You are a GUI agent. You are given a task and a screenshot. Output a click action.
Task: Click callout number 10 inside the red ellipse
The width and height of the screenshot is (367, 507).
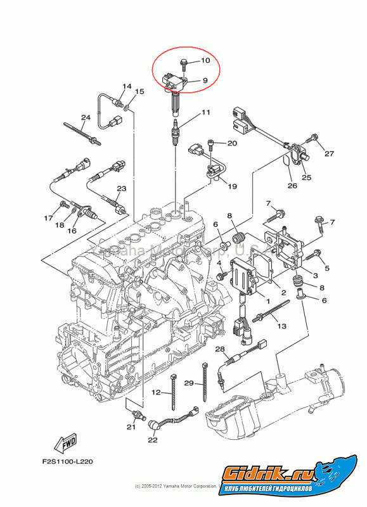[x=205, y=61]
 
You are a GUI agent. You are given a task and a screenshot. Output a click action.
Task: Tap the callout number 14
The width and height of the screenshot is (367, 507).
[x=126, y=86]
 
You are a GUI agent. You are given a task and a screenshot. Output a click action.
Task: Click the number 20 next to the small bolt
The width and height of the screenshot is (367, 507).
[x=232, y=143]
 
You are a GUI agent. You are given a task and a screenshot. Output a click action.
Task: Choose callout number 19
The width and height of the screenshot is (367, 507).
[x=232, y=186]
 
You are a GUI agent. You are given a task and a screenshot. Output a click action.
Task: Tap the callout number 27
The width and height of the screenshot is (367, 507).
[x=329, y=153]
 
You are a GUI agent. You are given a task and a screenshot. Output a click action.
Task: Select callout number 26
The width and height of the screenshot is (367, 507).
[x=292, y=186]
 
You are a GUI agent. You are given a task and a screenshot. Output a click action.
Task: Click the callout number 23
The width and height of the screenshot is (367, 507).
[x=121, y=188]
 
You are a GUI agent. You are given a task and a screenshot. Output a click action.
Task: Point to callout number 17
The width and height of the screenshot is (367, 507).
[x=48, y=219]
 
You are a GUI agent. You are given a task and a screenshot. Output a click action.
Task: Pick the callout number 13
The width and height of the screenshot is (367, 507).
[x=281, y=325]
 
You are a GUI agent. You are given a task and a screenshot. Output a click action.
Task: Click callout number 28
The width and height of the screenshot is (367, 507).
[x=220, y=349]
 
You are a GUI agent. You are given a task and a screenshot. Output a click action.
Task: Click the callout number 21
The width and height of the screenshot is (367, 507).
[x=131, y=427]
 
